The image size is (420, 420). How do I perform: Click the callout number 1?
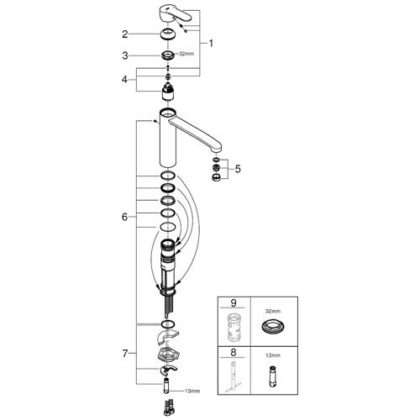click(211, 44)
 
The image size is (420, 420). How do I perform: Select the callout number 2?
click(125, 34)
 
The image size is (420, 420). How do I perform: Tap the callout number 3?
click(125, 55)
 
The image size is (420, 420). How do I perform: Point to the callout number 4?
click(124, 80)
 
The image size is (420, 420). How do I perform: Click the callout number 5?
click(238, 169)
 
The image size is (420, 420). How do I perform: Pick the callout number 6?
click(124, 217)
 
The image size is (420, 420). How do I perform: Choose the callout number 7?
click(125, 354)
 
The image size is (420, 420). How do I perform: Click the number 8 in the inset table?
click(234, 352)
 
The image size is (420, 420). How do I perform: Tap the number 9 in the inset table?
click(234, 303)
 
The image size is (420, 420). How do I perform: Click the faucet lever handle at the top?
click(175, 13)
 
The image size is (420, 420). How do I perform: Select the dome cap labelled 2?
click(168, 34)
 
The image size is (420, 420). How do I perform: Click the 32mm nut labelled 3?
click(168, 55)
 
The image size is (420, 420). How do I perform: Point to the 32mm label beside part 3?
click(186, 54)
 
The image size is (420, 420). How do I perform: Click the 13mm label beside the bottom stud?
click(192, 391)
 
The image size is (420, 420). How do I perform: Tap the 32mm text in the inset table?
click(273, 311)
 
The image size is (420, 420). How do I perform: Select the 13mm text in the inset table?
click(273, 355)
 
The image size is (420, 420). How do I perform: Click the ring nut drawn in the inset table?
click(273, 326)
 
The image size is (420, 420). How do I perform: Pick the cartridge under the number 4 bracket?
click(168, 92)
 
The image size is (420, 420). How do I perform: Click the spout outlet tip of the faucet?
click(217, 151)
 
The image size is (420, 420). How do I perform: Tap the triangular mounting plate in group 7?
click(168, 354)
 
